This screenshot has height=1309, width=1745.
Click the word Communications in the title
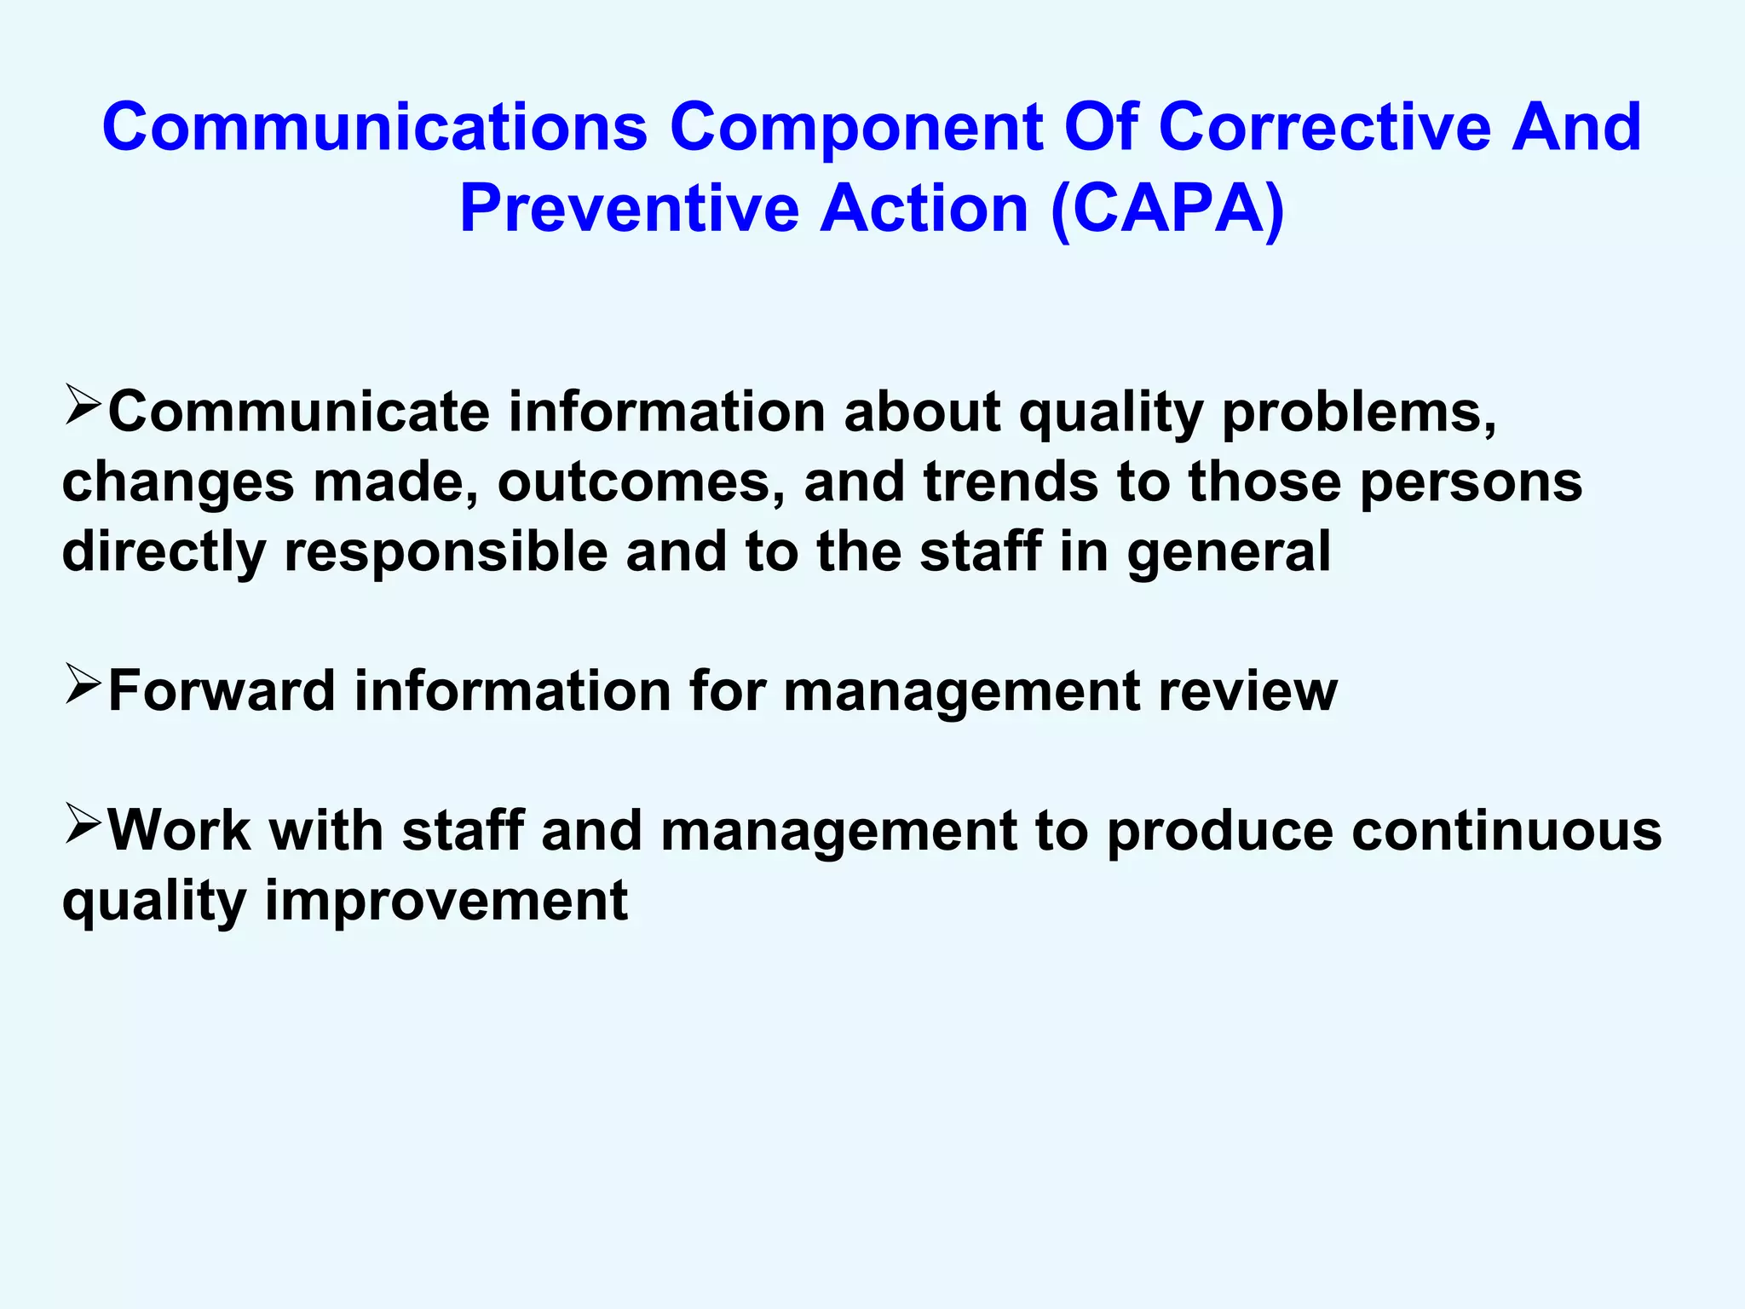[x=375, y=128]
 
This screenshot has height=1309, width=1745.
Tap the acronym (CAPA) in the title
[x=1167, y=210]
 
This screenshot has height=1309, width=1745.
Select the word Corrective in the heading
[x=1324, y=128]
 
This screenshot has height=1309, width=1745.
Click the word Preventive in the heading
[x=629, y=210]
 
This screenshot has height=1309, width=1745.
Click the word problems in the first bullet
[x=1358, y=413]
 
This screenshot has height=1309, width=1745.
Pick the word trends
[x=1011, y=482]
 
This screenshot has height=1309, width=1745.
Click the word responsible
[x=446, y=552]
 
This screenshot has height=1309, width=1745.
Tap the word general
[x=1229, y=552]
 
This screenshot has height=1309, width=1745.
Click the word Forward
[x=222, y=691]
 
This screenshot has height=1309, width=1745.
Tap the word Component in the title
[x=855, y=128]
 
